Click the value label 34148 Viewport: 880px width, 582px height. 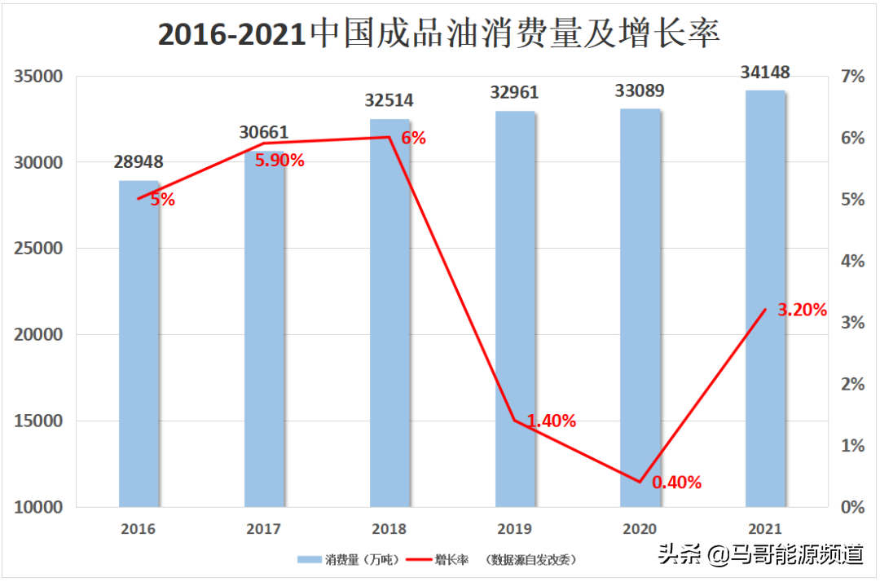pos(765,73)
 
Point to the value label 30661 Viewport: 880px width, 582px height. pos(264,132)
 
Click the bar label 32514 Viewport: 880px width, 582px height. pos(389,101)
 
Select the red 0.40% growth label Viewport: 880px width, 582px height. pos(677,482)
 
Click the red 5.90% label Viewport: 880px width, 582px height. pos(279,161)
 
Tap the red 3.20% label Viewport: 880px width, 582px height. pos(803,310)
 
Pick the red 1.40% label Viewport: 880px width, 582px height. pos(552,421)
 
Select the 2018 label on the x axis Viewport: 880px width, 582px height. pos(389,528)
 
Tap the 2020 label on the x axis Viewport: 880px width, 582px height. pos(640,528)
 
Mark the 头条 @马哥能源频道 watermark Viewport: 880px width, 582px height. pos(761,555)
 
